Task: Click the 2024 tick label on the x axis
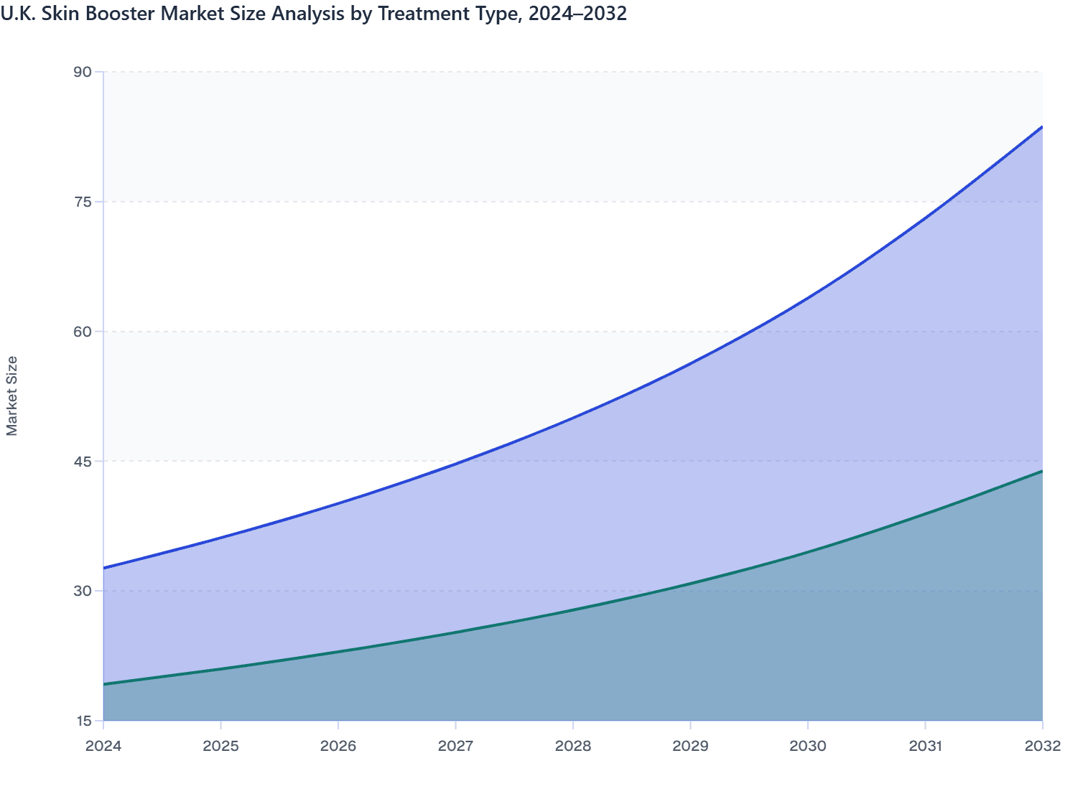(103, 746)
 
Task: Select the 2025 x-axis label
(220, 746)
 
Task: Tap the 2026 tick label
(338, 746)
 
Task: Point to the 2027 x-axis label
(455, 746)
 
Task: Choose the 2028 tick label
(573, 746)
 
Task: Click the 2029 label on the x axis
(690, 746)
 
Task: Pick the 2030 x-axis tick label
(808, 746)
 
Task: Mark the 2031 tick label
(925, 746)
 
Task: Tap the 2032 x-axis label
(1043, 746)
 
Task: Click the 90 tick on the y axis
(83, 72)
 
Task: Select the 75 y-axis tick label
(83, 202)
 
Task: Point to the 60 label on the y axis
(83, 332)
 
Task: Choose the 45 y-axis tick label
(83, 461)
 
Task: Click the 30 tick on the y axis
(83, 591)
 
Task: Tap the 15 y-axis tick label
(83, 721)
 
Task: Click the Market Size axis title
(12, 396)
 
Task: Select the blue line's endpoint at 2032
(1042, 126)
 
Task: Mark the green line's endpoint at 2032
(1042, 471)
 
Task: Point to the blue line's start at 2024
(104, 568)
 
